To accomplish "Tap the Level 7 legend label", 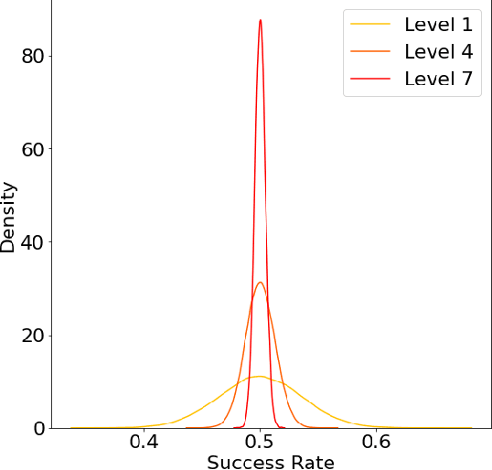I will [x=438, y=79].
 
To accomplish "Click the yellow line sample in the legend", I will [x=370, y=22].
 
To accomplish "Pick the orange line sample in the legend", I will [x=370, y=50].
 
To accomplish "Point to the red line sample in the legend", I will [x=370, y=80].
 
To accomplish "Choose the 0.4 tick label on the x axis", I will [x=144, y=443].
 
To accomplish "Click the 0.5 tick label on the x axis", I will [x=261, y=443].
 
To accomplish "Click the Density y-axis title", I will [x=9, y=217].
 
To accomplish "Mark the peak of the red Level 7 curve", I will [x=261, y=20].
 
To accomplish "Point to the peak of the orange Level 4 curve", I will [x=261, y=282].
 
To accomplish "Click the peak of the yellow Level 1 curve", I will [x=261, y=376].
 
